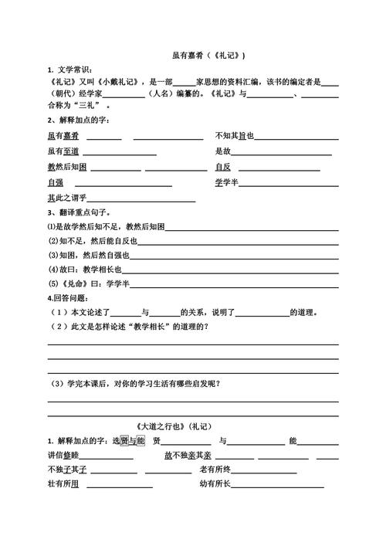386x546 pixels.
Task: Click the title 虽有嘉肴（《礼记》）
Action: [208, 56]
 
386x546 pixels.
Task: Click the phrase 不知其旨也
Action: [235, 136]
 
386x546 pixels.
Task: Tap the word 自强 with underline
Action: [55, 183]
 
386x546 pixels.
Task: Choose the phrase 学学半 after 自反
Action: [231, 183]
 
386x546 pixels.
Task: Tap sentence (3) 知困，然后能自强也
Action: [90, 255]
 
